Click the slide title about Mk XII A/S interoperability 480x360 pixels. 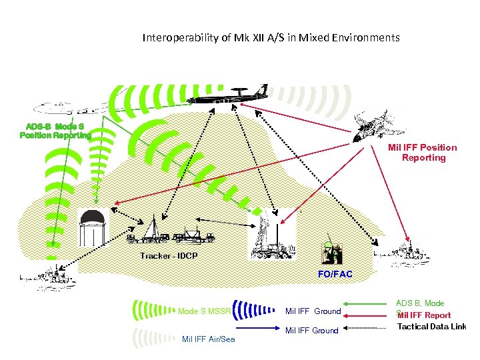pyautogui.click(x=271, y=38)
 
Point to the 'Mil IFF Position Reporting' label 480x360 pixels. pyautogui.click(x=423, y=153)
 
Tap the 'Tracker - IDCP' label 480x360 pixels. pyautogui.click(x=169, y=256)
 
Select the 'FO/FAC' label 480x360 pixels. pyautogui.click(x=335, y=274)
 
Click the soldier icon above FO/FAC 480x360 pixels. pyautogui.click(x=332, y=252)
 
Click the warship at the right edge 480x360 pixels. pyautogui.click(x=403, y=249)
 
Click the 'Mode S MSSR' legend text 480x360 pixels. pyautogui.click(x=205, y=311)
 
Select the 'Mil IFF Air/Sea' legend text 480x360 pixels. pyautogui.click(x=208, y=340)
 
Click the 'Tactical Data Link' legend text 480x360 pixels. pyautogui.click(x=431, y=326)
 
